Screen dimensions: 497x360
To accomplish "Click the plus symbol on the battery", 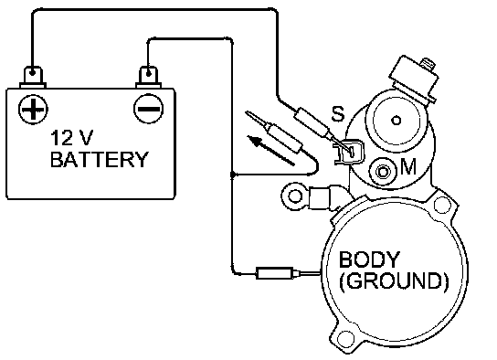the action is point(33,109).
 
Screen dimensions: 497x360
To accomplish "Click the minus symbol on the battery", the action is point(149,109).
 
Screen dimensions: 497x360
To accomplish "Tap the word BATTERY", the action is point(100,159).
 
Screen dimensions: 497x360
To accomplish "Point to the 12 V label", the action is point(72,138).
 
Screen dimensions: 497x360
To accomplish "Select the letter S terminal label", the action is point(338,113).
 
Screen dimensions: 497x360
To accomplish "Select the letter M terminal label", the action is point(408,166).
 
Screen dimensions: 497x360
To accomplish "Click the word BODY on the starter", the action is point(369,259).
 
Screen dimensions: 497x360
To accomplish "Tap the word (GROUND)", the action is point(394,281).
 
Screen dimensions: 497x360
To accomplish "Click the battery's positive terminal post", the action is point(33,77).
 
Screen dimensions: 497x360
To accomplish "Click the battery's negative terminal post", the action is point(148,77).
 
